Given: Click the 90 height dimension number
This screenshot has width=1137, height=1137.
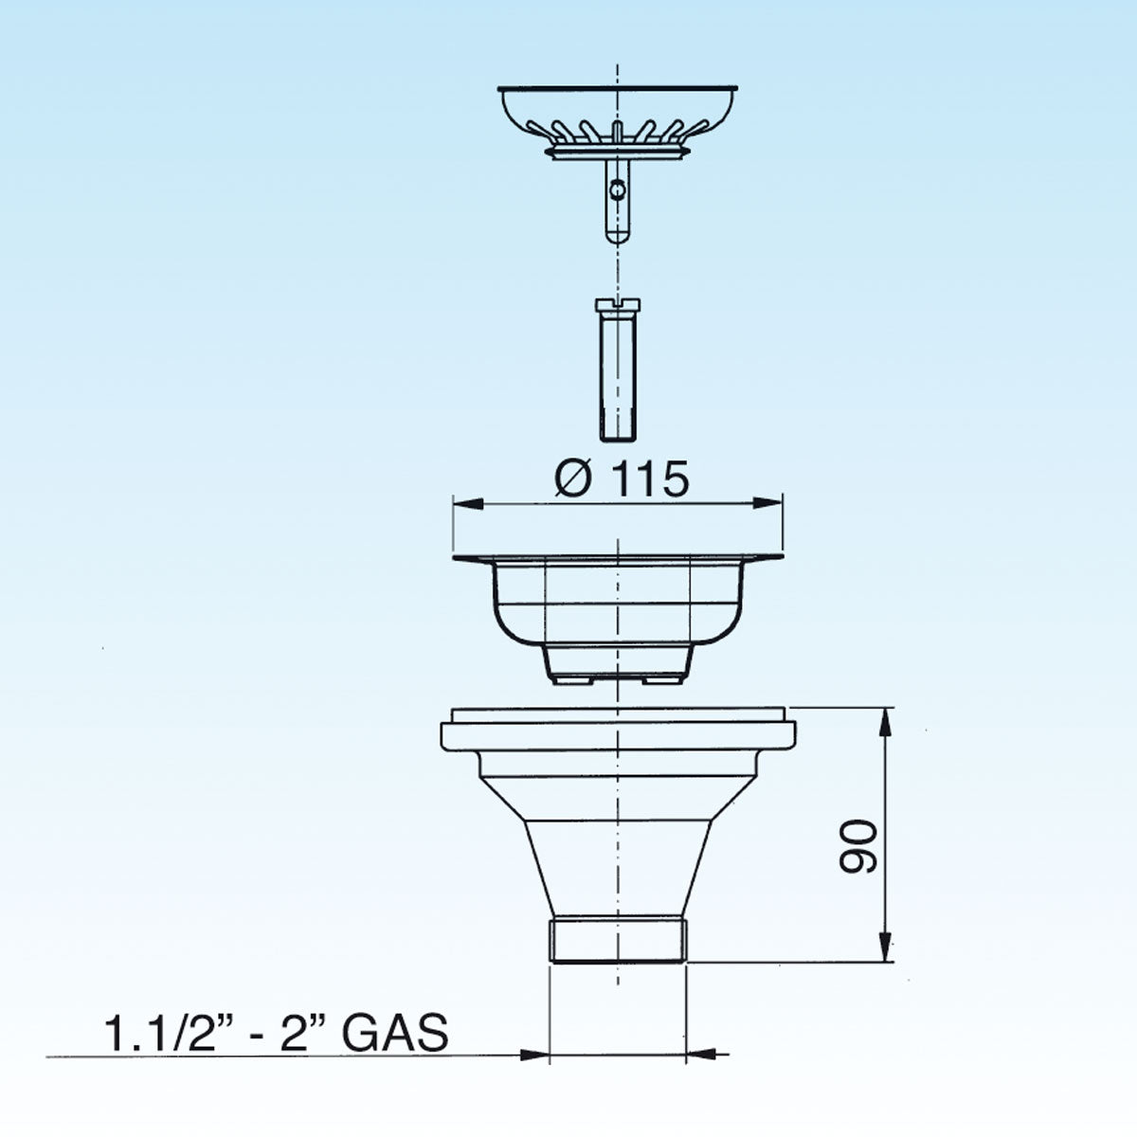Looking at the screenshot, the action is click(x=858, y=845).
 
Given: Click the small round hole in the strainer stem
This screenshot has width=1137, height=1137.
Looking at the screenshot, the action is click(x=617, y=190).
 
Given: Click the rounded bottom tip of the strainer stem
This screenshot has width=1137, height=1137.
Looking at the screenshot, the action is click(x=617, y=237).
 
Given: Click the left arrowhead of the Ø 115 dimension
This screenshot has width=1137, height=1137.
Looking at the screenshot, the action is click(x=468, y=503).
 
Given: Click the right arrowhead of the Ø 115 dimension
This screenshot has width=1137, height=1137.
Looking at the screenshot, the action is click(x=767, y=503).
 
